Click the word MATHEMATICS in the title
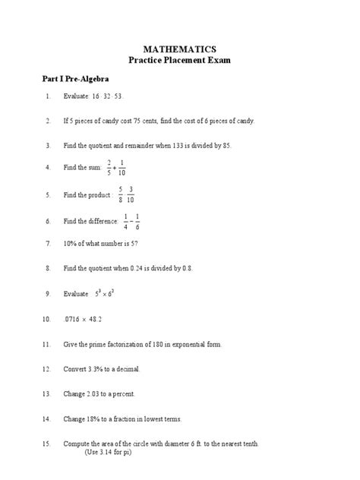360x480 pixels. (x=180, y=48)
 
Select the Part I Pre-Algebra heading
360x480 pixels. (x=75, y=78)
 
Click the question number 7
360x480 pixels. (x=47, y=245)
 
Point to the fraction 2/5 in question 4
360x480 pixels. (x=109, y=167)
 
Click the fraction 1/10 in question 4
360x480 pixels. (x=122, y=167)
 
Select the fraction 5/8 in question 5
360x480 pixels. (x=120, y=195)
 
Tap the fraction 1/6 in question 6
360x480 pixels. (x=137, y=221)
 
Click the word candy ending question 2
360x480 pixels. (x=245, y=122)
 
